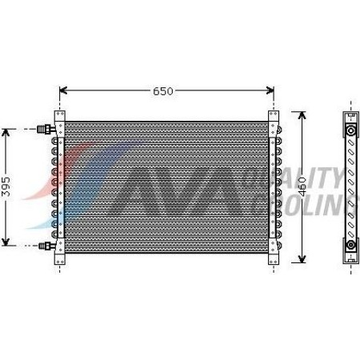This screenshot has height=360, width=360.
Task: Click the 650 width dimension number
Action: (162, 91)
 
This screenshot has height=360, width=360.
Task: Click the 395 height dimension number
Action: (6, 186)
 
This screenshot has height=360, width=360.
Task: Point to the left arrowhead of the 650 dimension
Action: (65, 91)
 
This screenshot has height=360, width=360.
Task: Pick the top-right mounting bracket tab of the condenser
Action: (274, 117)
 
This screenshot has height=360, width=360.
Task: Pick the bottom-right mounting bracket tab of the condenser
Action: (274, 258)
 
